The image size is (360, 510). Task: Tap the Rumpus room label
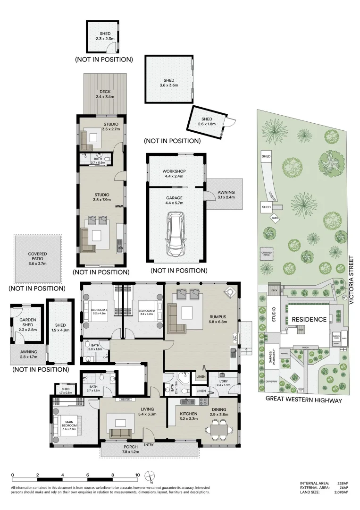pos(218,319)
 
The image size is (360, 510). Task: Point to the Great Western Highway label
pos(303,399)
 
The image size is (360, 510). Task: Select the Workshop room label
pos(174,173)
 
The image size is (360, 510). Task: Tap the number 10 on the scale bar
pos(137,475)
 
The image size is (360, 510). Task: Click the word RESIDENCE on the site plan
pos(309,319)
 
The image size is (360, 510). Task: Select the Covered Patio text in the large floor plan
pos(38,259)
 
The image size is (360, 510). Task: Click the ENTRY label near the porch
pos(149,444)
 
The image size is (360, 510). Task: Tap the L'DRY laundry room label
pos(224,382)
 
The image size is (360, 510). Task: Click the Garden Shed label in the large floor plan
pos(27,323)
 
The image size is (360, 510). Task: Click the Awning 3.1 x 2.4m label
pos(226,195)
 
